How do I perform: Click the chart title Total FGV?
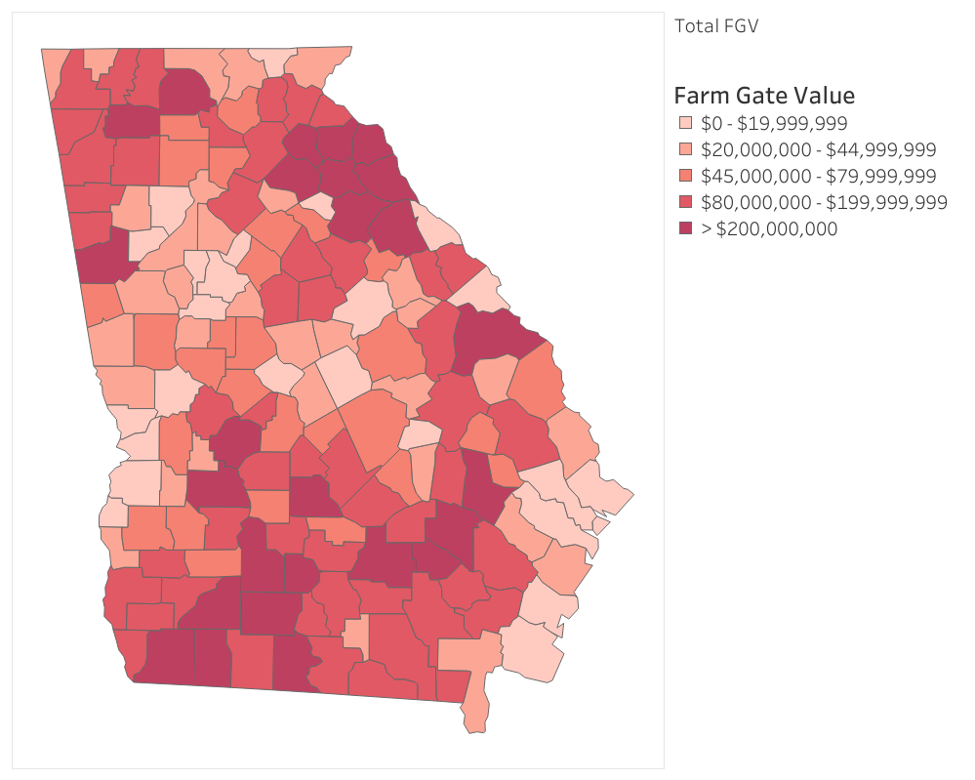pos(715,26)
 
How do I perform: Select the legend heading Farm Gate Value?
pos(764,96)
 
